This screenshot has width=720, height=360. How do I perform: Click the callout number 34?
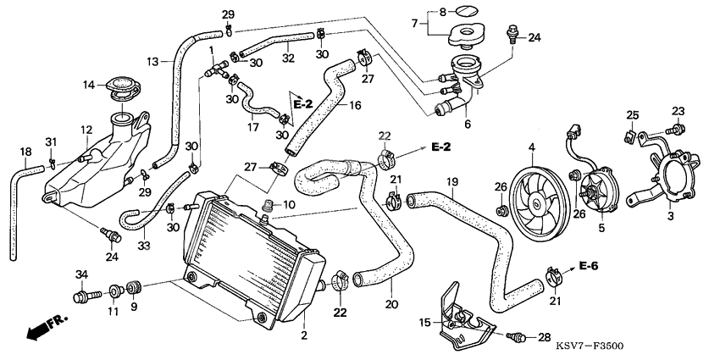81,273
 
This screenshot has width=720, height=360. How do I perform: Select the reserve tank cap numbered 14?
118,87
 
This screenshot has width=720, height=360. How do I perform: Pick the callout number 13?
152,61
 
